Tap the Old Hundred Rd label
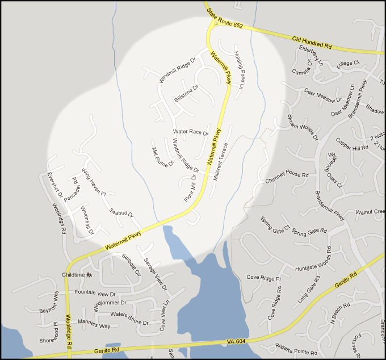pyautogui.click(x=312, y=41)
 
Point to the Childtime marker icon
pyautogui.click(x=89, y=274)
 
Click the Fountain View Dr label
pyautogui.click(x=95, y=294)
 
